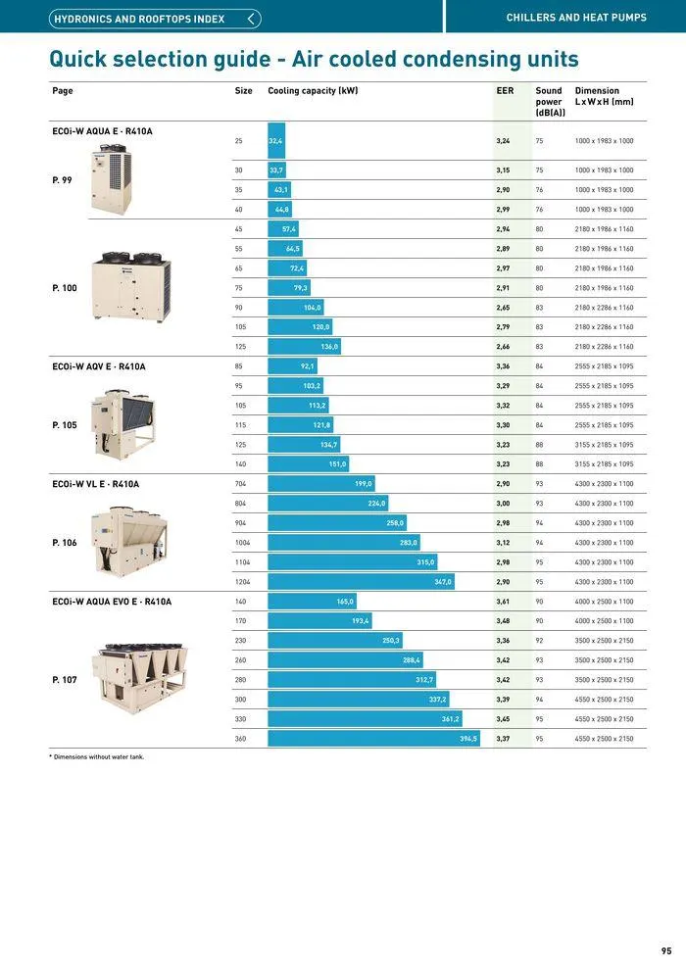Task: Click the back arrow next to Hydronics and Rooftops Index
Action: click(253, 19)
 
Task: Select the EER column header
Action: click(505, 91)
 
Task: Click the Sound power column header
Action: click(549, 102)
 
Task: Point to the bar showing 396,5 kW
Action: click(372, 739)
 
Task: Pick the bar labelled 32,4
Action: click(276, 141)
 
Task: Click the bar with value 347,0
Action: click(361, 582)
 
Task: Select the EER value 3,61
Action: click(503, 602)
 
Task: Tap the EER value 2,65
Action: click(503, 308)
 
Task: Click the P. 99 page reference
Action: click(63, 180)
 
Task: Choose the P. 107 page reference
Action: click(65, 680)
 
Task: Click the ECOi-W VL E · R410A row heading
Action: click(95, 484)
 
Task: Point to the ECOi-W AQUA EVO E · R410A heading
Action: click(111, 602)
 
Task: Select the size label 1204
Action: click(242, 582)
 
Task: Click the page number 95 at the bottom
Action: click(666, 950)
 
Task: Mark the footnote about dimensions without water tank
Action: click(97, 756)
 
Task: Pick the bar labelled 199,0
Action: click(320, 484)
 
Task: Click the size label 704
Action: click(240, 484)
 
